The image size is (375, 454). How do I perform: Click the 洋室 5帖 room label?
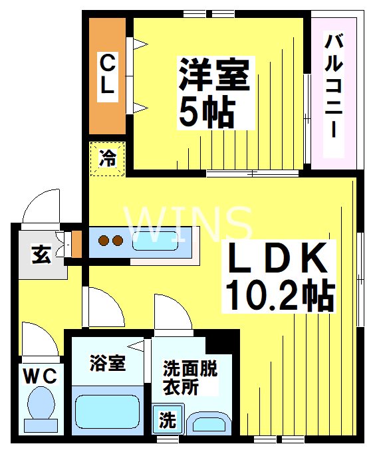click(x=213, y=93)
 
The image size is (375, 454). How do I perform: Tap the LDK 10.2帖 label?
click(x=279, y=276)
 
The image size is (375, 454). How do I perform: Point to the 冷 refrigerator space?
click(x=107, y=160)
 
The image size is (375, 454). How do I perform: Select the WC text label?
click(x=41, y=376)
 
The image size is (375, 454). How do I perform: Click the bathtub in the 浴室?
click(x=107, y=411)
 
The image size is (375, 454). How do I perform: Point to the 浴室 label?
click(x=107, y=364)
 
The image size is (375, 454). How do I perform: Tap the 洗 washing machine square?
click(x=167, y=420)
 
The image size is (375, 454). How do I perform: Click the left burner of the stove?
click(x=104, y=240)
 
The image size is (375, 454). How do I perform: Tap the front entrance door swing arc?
click(x=40, y=209)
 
